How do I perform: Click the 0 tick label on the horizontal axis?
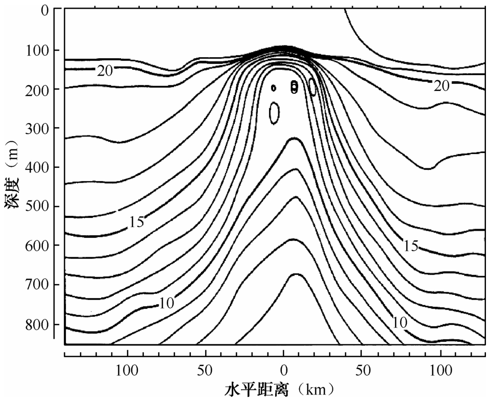coord(284,368)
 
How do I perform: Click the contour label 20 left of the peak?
coord(105,71)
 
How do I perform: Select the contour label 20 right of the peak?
coord(441,86)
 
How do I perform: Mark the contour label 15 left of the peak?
coord(136,221)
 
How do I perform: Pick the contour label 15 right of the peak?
coord(410,246)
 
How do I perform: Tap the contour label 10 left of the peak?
coord(166,303)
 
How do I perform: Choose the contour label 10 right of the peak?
coord(400,322)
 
